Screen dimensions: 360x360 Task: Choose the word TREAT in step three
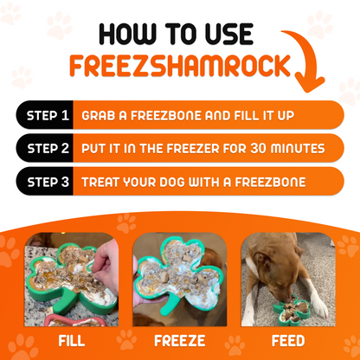pyautogui.click(x=104, y=183)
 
